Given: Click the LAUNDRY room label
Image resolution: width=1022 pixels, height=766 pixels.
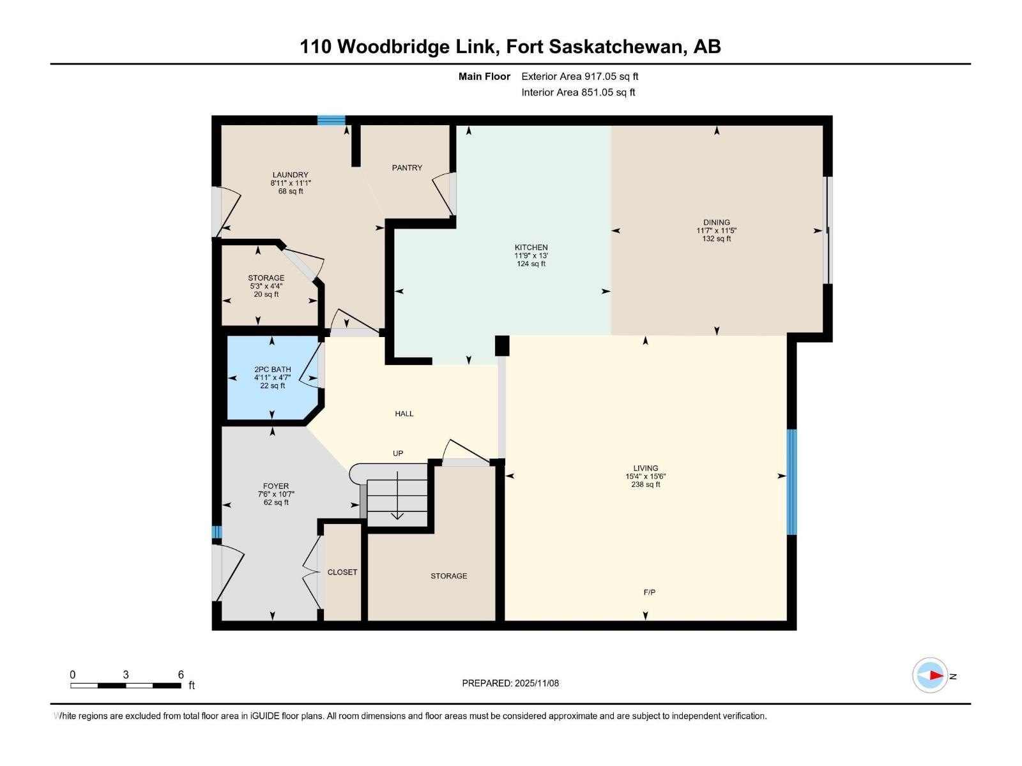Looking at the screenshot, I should pyautogui.click(x=290, y=175).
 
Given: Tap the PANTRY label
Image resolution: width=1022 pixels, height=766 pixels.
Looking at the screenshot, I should pyautogui.click(x=407, y=168).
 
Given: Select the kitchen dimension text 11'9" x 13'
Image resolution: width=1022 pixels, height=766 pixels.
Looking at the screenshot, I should pyautogui.click(x=531, y=255).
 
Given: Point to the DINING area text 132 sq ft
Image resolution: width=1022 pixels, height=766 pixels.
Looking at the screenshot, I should pyautogui.click(x=716, y=239).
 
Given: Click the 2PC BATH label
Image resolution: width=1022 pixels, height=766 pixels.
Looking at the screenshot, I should pyautogui.click(x=272, y=370).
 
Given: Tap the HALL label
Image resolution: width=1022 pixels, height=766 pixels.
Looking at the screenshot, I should pyautogui.click(x=404, y=414).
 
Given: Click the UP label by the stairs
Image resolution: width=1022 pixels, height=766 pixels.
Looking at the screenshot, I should pyautogui.click(x=398, y=453).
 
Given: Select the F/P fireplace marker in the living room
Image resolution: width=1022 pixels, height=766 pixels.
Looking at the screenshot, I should pyautogui.click(x=649, y=592).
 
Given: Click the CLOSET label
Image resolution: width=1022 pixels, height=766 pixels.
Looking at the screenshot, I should pyautogui.click(x=342, y=572).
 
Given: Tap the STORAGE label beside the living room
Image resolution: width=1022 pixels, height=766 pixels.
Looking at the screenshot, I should pyautogui.click(x=448, y=576).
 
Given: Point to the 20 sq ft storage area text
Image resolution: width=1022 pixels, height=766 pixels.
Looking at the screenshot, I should pyautogui.click(x=266, y=294).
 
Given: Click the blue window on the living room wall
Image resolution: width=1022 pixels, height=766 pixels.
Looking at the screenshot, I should pyautogui.click(x=791, y=482).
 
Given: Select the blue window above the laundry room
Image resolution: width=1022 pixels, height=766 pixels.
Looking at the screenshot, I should pyautogui.click(x=332, y=120).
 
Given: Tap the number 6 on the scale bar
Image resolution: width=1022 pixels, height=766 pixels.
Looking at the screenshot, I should pyautogui.click(x=181, y=675).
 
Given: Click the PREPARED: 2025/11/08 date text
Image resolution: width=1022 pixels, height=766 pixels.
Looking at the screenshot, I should pyautogui.click(x=510, y=683).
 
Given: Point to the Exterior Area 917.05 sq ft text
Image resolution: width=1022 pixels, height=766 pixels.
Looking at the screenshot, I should pyautogui.click(x=579, y=77).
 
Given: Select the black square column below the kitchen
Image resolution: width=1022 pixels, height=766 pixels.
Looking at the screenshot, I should pyautogui.click(x=502, y=345).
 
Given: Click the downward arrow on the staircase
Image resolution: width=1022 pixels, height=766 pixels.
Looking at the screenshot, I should pyautogui.click(x=397, y=514).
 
